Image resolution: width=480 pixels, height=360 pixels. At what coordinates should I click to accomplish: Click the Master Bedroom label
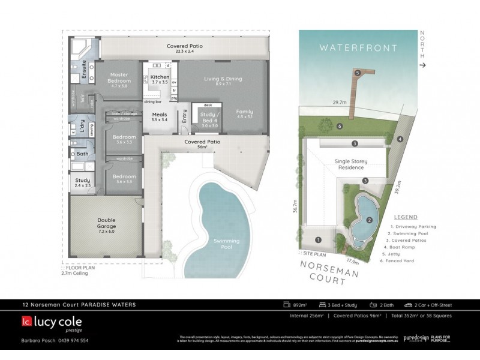coord(119,78)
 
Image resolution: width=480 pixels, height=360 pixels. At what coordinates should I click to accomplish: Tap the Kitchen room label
coord(160,77)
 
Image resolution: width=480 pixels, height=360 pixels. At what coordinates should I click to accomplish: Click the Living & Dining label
coord(221,79)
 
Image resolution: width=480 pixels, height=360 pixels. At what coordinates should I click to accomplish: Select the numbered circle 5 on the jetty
coord(358,73)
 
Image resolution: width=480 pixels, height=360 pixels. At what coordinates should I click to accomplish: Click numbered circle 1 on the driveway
coord(319,240)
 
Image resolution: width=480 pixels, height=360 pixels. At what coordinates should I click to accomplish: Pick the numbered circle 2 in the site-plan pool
coord(370,220)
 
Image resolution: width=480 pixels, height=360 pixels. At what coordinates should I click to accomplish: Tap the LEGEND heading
coord(405,217)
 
